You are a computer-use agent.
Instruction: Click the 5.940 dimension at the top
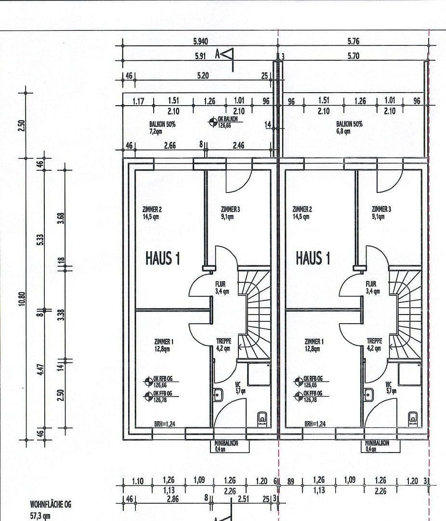click(x=201, y=41)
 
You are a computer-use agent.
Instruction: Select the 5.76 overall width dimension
click(x=353, y=41)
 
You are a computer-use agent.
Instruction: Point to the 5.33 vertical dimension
click(x=40, y=240)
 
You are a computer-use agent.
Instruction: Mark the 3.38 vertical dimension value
click(x=60, y=314)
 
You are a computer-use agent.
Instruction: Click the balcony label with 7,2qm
click(x=162, y=127)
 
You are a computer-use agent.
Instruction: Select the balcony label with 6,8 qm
click(x=349, y=127)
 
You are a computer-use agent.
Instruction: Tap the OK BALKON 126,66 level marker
click(x=226, y=122)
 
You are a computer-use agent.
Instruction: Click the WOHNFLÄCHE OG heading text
click(x=51, y=505)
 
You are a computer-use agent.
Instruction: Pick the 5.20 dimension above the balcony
click(x=203, y=76)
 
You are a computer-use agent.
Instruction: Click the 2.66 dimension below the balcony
click(x=170, y=145)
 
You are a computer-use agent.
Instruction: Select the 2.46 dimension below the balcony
click(x=238, y=145)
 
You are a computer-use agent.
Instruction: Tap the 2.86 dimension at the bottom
click(x=172, y=499)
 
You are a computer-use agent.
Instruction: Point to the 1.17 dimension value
click(x=139, y=101)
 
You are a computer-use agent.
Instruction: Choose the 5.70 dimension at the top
click(x=353, y=56)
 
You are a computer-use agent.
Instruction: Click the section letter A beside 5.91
click(x=218, y=55)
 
